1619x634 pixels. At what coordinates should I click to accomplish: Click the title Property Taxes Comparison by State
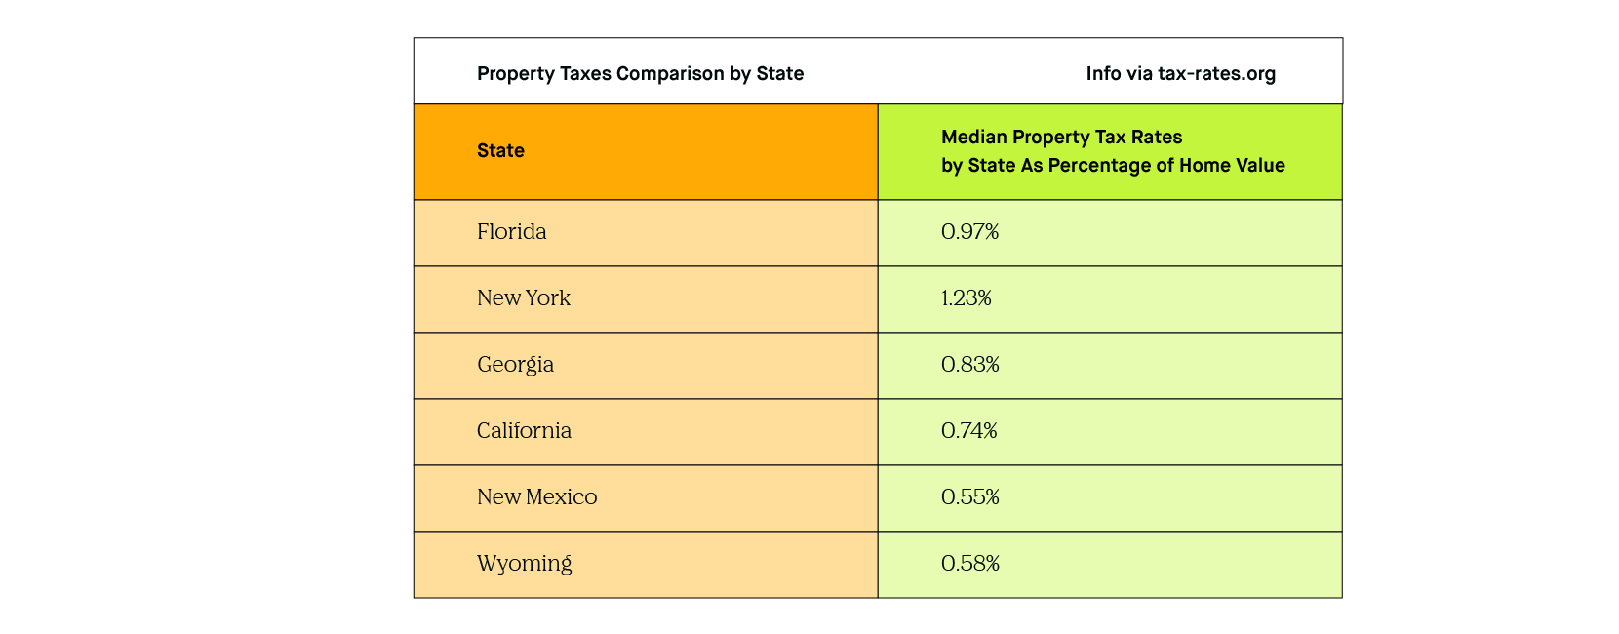640,74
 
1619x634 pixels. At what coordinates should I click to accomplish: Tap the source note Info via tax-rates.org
1180,74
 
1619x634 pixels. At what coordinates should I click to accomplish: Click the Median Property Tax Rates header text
1061,138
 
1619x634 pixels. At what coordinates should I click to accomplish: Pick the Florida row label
511,232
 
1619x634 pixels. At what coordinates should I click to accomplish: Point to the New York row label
523,298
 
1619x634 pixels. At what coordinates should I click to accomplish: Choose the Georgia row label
515,365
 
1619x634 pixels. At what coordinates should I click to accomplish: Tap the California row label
524,431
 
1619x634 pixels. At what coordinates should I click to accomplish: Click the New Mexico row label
536,497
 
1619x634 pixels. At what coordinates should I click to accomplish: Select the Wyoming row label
524,564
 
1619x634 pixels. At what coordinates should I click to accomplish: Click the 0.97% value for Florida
969,232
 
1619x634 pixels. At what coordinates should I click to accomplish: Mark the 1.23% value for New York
966,298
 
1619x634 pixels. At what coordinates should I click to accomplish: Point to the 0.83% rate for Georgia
969,365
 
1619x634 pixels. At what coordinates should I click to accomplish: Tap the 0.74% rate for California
968,431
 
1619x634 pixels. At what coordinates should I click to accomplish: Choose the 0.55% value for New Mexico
969,497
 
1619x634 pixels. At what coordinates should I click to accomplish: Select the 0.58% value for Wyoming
969,564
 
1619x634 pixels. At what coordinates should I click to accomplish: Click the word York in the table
548,298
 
